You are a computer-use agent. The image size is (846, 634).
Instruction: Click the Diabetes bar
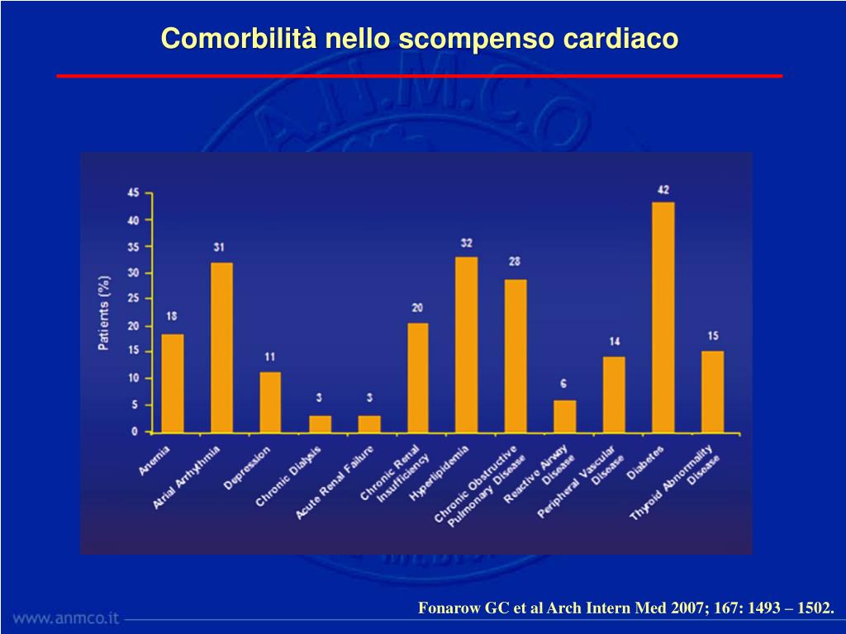(663, 317)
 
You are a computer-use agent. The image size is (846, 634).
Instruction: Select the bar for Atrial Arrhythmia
(221, 348)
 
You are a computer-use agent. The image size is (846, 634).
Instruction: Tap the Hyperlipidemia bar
(466, 344)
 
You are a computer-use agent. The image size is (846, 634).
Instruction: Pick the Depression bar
(270, 402)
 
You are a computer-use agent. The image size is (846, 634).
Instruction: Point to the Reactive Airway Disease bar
(564, 416)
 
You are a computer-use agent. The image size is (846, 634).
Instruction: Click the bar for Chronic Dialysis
(320, 423)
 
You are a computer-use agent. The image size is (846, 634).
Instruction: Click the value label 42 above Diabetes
(663, 190)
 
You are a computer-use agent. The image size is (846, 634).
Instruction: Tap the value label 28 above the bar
(515, 262)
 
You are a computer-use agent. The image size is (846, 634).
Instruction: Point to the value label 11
(270, 357)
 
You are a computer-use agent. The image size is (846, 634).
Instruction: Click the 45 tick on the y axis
(133, 193)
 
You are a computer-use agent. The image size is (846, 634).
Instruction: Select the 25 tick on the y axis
(133, 299)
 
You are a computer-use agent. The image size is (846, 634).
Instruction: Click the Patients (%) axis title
(104, 313)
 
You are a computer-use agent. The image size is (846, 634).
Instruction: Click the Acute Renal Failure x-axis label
(335, 482)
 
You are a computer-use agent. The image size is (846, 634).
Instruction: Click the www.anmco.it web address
(66, 617)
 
